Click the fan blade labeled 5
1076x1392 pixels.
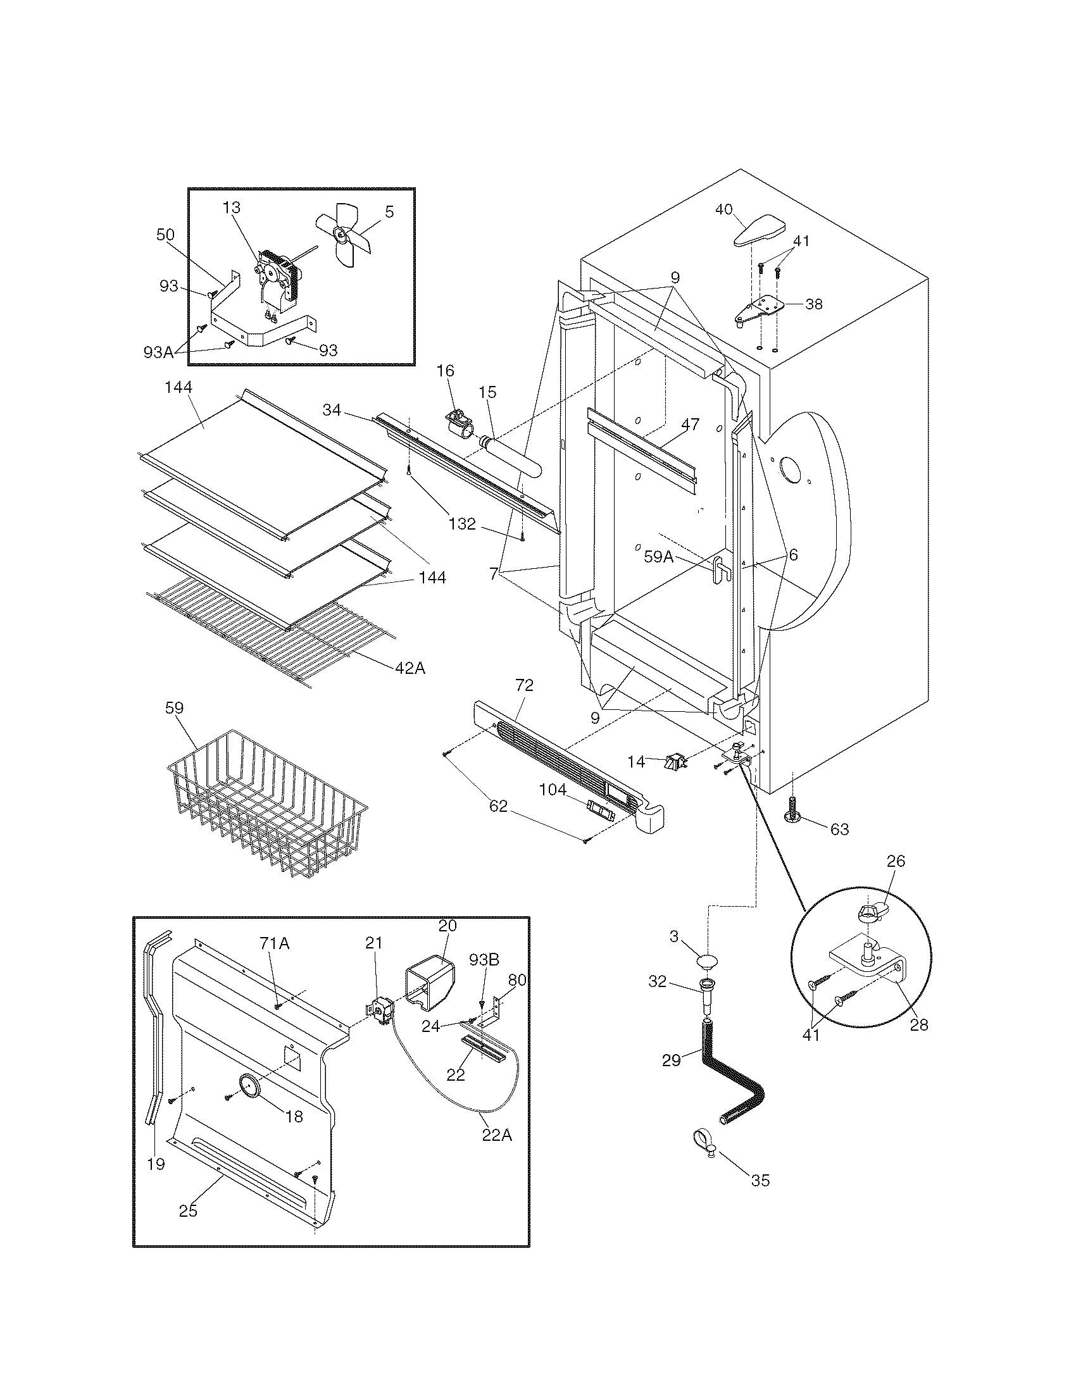coord(342,237)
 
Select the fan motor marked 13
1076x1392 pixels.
coord(279,280)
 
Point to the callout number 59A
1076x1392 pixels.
coord(658,556)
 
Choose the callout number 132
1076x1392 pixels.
coord(462,523)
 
